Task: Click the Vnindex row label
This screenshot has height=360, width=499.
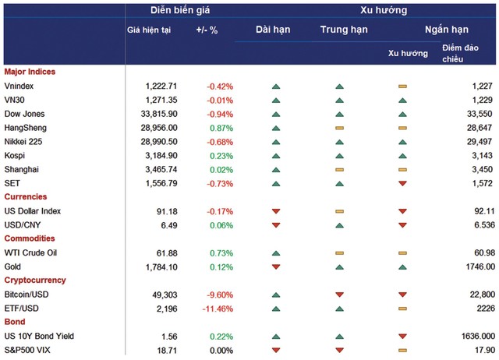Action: tap(19, 86)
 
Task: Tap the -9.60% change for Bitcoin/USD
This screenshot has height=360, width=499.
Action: tap(219, 295)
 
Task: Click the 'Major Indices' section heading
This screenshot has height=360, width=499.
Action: tap(30, 72)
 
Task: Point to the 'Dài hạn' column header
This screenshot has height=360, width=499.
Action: tap(276, 30)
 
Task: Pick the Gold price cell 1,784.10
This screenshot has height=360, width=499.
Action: tap(162, 266)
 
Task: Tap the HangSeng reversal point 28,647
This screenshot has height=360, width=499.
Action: tap(476, 128)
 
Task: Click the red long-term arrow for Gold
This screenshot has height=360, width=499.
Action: tap(276, 266)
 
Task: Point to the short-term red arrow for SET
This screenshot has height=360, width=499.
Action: tap(402, 183)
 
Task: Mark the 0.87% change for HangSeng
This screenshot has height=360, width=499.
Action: tap(221, 128)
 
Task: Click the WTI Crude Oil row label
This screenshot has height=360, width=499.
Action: tap(30, 252)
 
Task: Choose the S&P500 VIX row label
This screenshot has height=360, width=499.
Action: tap(25, 350)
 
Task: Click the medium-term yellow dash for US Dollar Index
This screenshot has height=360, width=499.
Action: tap(338, 211)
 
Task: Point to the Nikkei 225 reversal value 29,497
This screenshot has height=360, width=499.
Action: tap(476, 141)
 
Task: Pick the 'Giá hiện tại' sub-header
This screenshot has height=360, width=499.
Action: tap(148, 30)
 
